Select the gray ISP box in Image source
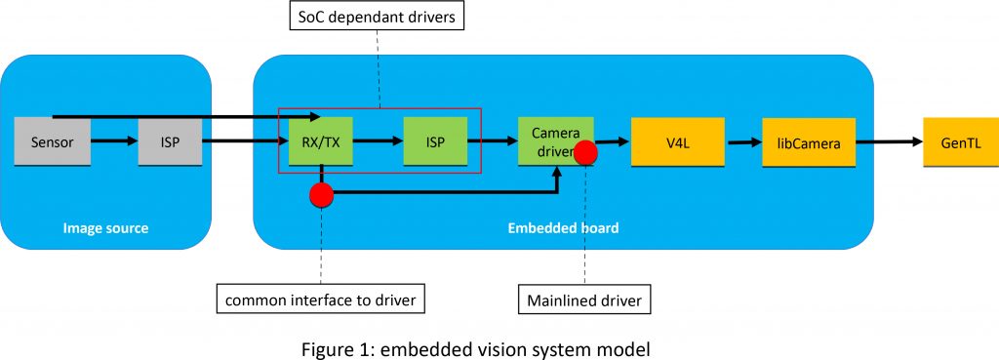click(170, 142)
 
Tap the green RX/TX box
click(320, 141)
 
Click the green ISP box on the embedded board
click(435, 141)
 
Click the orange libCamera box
click(809, 141)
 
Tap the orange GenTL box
click(959, 141)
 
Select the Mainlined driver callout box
click(582, 300)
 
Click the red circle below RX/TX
click(321, 194)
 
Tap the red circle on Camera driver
click(585, 152)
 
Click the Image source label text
click(105, 228)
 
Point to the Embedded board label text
click(563, 228)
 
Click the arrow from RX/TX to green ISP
click(377, 141)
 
